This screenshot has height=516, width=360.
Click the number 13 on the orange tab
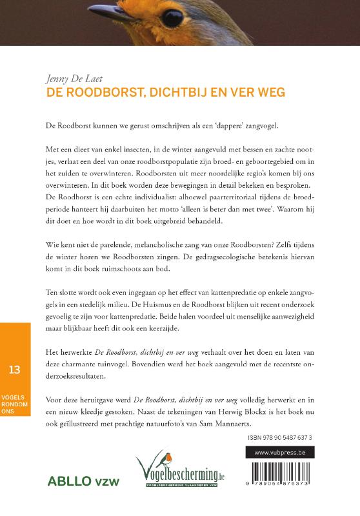(15, 369)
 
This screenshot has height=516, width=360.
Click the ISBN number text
(278, 437)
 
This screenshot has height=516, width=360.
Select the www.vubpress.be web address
(279, 453)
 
